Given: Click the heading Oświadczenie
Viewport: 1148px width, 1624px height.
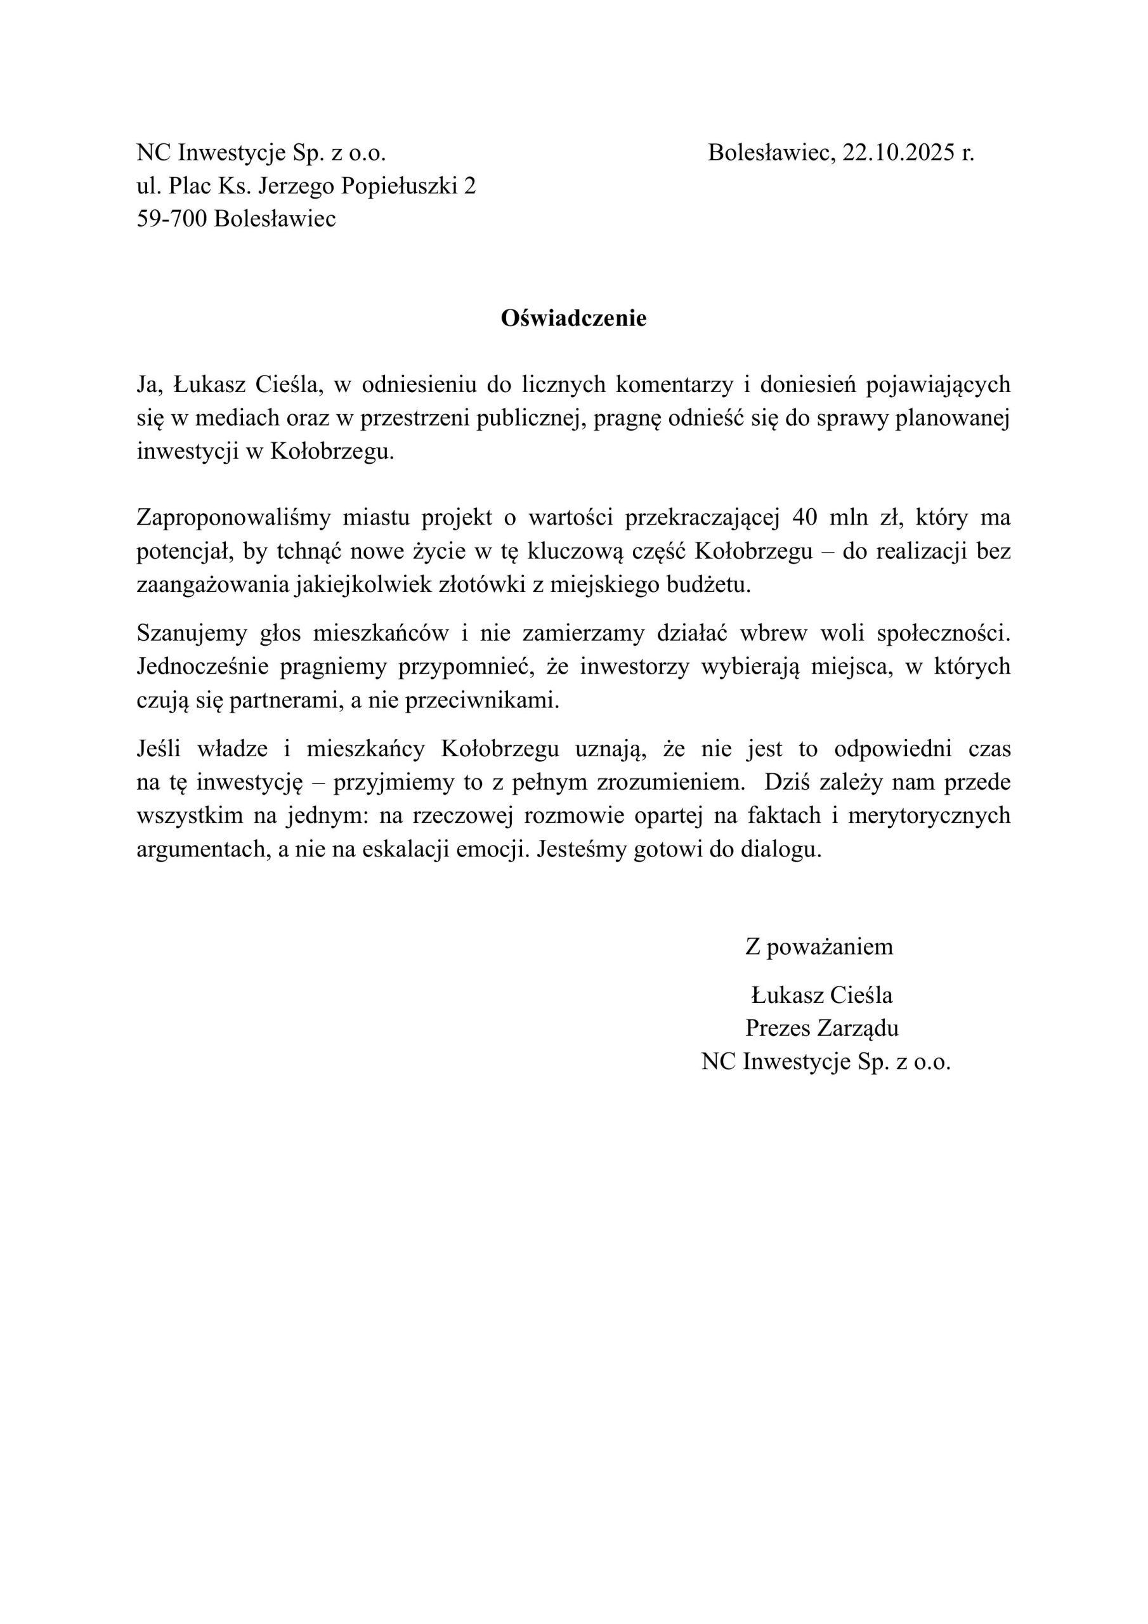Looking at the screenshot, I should point(573,319).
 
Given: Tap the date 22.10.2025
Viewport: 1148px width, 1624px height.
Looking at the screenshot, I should point(897,153).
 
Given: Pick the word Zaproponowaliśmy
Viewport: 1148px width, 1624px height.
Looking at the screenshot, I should point(233,518).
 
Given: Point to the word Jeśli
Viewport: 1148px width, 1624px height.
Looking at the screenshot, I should point(159,749).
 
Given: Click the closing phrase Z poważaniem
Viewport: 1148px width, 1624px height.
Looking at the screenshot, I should point(818,946).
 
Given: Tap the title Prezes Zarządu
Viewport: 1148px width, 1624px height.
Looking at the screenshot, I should point(821,1028).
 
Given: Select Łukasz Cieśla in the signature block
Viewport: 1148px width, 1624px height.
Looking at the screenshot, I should point(821,995).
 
